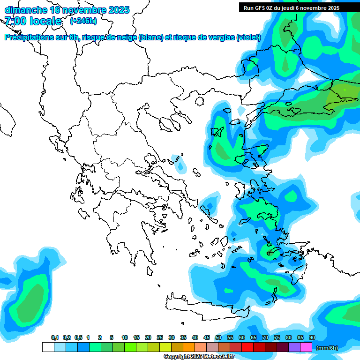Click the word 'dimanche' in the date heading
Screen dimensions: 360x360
pyautogui.click(x=25, y=10)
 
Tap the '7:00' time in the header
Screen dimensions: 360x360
pyautogui.click(x=15, y=21)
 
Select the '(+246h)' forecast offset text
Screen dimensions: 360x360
pyautogui.click(x=83, y=21)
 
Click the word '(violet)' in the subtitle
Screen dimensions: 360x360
pyautogui.click(x=248, y=37)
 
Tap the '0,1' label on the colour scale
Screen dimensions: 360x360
pyautogui.click(x=55, y=337)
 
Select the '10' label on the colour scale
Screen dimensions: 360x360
pyautogui.click(x=124, y=337)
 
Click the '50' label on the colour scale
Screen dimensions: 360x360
pyautogui.click(x=218, y=337)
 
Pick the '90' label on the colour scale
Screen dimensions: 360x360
pyautogui.click(x=312, y=337)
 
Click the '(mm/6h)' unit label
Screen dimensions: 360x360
pyautogui.click(x=327, y=348)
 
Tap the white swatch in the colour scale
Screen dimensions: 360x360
pyautogui.click(x=48, y=347)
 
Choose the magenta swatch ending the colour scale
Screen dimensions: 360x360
pyautogui.click(x=306, y=347)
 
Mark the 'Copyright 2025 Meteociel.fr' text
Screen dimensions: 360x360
pyautogui.click(x=199, y=357)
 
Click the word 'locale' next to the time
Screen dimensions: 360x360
pyautogui.click(x=45, y=21)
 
